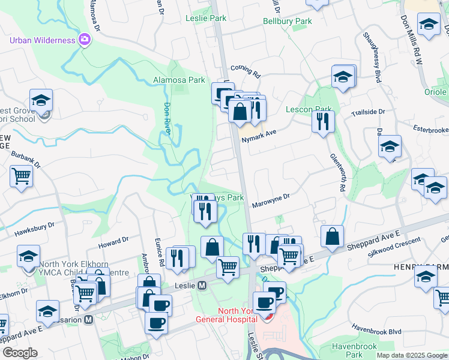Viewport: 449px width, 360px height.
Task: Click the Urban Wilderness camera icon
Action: point(85,40)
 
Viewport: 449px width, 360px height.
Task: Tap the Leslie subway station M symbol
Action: point(202,285)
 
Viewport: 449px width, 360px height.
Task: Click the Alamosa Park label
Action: point(179,80)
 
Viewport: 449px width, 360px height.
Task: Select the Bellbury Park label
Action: point(288,22)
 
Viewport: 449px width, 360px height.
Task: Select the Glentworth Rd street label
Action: point(337,172)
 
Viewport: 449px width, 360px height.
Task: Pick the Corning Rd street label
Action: point(244,73)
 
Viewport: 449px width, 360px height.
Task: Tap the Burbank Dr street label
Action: point(25,158)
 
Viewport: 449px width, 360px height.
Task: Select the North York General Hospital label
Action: point(231,315)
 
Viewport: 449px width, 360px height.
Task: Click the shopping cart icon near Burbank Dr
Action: point(21,176)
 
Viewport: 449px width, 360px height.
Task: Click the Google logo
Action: point(20,353)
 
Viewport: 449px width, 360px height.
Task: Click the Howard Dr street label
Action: point(113,241)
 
